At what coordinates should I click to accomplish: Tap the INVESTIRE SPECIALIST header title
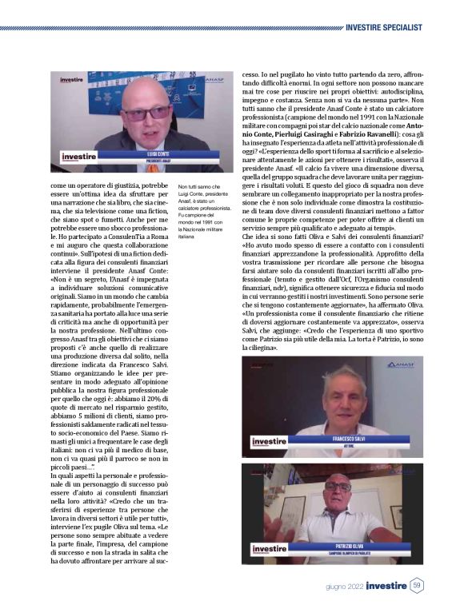click(384, 27)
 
